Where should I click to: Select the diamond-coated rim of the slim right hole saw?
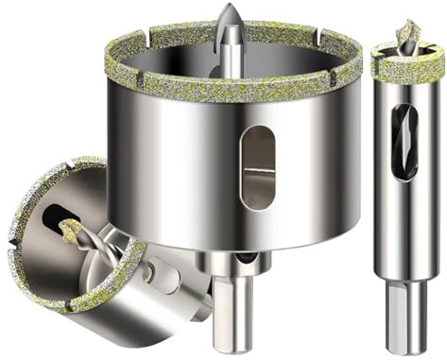(407, 68)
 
